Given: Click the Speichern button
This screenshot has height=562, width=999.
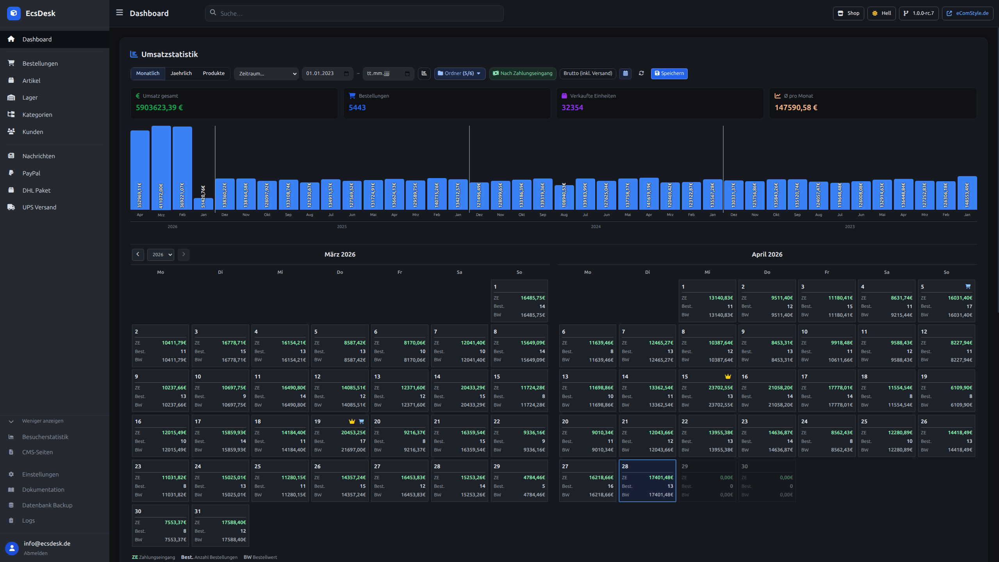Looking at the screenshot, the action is pos(669,73).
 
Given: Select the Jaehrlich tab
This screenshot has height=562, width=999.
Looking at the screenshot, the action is pos(181,73).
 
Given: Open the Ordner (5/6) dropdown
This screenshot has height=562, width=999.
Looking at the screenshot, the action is pos(460,73).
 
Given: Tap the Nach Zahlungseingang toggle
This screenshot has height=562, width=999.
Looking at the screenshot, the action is pos(523,73).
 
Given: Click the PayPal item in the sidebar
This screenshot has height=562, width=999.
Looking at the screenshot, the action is pos(31,173).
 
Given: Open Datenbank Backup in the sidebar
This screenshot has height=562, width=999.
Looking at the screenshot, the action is pos(47,505).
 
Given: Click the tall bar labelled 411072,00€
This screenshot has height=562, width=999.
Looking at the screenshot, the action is pos(161,168).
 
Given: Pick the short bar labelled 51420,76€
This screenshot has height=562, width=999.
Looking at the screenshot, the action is pos(203,204).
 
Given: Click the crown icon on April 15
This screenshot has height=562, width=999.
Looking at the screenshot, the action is pos(728,376).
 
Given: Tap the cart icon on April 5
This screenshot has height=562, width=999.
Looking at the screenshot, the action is pos(968,286).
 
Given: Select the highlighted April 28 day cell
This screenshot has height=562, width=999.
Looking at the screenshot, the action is pos(647,480).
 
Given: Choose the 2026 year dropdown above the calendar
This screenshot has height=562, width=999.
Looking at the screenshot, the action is pos(161,255).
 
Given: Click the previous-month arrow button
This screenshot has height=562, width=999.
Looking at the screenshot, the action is pos(138,255).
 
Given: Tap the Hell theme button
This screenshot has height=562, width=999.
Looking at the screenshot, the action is pos(881,13).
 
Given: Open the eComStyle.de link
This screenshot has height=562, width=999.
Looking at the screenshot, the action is pos(967,13).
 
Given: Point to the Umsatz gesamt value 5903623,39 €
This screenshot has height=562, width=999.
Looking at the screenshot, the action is pos(159,107).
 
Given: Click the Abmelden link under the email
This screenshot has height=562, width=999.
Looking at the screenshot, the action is pos(36,553).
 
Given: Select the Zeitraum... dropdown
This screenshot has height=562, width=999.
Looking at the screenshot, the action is pos(266,73).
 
